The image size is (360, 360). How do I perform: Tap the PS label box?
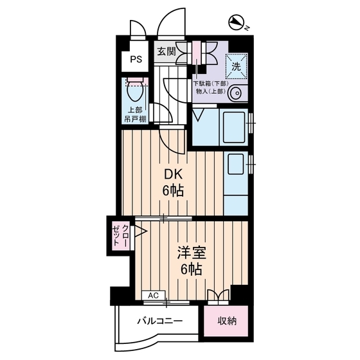136,60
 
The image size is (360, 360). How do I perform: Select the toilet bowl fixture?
135,87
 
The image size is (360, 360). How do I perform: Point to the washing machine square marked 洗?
235,65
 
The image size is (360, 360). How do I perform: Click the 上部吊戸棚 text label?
136,114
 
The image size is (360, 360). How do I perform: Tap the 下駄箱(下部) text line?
210,83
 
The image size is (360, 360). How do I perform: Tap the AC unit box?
153,295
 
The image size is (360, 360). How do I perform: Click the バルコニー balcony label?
160,321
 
